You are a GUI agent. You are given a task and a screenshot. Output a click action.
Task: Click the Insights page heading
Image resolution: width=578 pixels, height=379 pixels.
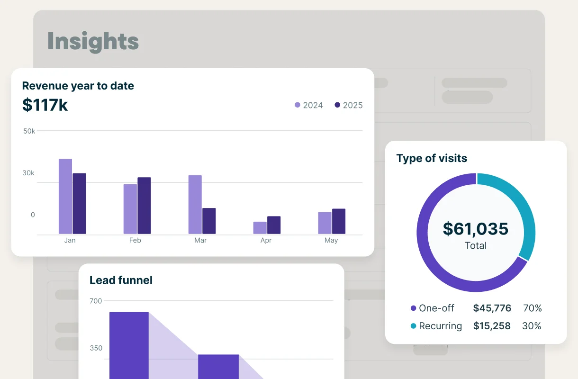point(93,42)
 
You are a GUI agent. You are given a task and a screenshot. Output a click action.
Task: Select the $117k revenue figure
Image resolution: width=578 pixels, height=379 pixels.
point(45,105)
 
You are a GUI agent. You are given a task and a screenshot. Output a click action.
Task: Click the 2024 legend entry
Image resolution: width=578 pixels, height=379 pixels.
point(308,105)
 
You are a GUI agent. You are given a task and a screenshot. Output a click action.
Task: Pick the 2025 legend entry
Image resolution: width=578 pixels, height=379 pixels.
point(349,105)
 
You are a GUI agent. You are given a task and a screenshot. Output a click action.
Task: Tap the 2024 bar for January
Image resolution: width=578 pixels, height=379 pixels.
point(65,196)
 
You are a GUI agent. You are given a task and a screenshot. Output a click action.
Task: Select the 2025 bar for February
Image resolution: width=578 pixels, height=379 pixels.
point(144,206)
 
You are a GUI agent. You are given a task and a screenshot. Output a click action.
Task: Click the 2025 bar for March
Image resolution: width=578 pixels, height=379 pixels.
point(209,221)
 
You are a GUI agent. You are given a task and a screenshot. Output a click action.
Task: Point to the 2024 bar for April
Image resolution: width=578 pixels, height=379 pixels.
point(260,228)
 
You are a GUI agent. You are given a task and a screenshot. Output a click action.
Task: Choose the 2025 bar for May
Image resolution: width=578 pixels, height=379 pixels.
point(339,221)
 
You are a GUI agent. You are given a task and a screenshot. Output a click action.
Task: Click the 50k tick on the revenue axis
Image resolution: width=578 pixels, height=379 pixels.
point(29,131)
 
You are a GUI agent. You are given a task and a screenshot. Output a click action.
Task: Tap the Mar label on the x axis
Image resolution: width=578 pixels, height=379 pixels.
point(200,240)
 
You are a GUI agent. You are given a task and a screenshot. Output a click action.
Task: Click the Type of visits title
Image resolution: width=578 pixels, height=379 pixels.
point(432,158)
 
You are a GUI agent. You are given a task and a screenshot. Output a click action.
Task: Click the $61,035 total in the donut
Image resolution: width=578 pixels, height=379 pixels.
point(476,229)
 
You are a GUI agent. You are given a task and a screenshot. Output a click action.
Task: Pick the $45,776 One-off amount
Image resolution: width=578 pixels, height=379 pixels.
point(492,308)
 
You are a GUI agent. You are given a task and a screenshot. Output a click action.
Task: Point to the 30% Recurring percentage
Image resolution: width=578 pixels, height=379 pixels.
point(532,326)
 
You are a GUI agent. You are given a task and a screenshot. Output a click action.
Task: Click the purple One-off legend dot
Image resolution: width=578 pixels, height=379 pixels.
point(414,308)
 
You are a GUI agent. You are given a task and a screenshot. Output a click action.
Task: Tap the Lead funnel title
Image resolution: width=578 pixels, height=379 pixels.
point(121,280)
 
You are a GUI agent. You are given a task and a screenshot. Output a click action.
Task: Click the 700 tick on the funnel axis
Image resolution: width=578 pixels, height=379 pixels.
point(96,301)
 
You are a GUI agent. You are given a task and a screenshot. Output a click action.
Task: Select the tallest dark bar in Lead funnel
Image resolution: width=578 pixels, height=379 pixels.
point(129,345)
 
